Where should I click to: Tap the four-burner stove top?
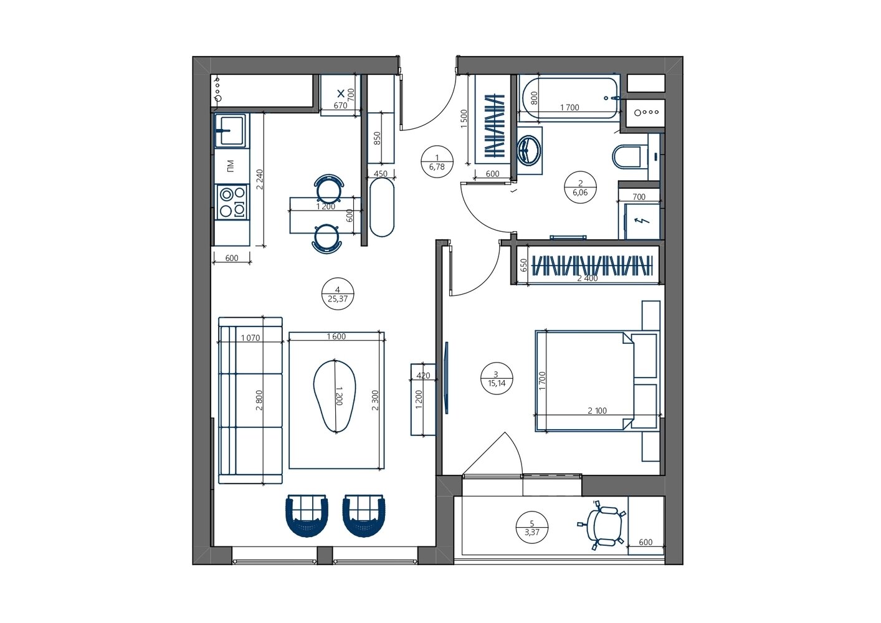click(x=232, y=202)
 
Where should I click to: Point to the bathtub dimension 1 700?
click(x=569, y=107)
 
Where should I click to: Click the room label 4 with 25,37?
click(x=338, y=295)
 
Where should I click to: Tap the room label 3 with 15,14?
click(x=497, y=379)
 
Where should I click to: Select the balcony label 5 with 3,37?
click(x=532, y=528)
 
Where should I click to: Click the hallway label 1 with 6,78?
click(x=437, y=163)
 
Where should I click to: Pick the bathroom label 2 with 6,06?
click(x=580, y=188)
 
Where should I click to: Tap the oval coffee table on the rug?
click(x=335, y=396)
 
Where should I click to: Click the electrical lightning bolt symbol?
click(x=643, y=221)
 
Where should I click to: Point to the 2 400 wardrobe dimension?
click(x=587, y=278)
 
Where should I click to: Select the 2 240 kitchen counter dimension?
click(x=260, y=179)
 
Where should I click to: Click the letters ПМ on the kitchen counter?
click(x=231, y=166)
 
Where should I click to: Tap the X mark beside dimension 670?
click(x=341, y=93)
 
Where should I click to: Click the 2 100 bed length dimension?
click(x=597, y=411)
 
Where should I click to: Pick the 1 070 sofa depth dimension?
click(x=250, y=338)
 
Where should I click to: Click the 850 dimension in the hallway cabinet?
click(x=377, y=138)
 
